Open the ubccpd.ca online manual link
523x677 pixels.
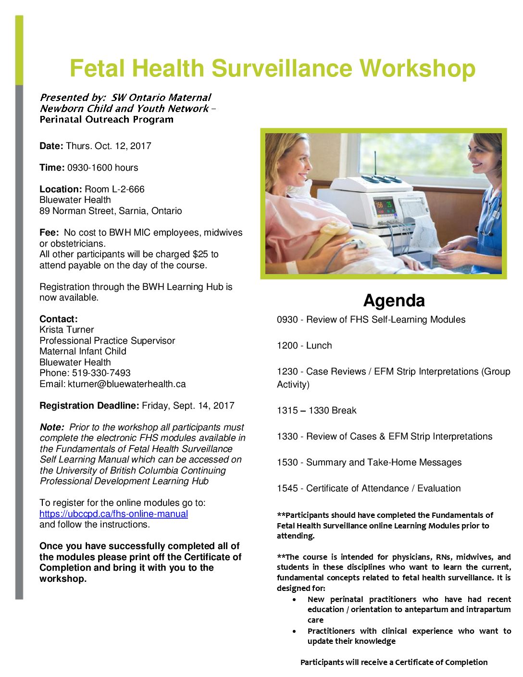point(113,514)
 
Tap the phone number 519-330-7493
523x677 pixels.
point(101,373)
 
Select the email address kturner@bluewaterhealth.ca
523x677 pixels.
point(126,384)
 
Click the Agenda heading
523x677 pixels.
point(394,301)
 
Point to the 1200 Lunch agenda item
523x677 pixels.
point(304,346)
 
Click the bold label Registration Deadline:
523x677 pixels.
point(89,406)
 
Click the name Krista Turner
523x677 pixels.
point(66,330)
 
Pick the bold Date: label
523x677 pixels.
point(51,146)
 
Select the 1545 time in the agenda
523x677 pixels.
point(287,489)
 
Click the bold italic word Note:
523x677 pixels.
point(52,427)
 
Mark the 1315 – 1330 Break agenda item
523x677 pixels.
point(316,411)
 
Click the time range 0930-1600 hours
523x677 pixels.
point(102,168)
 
